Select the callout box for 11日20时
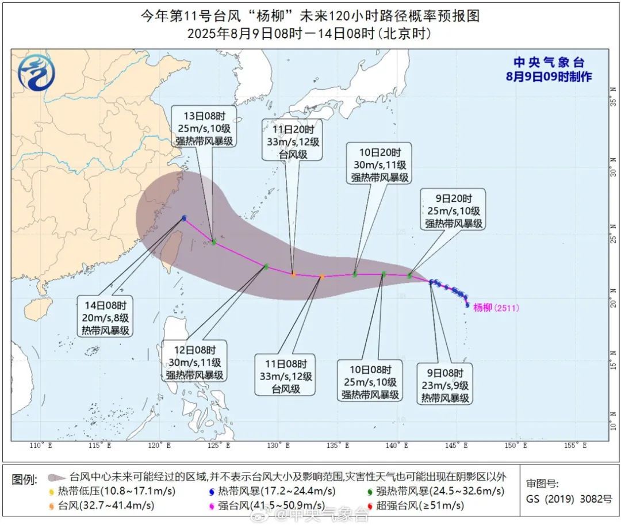click(x=292, y=139)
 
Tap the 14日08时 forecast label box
click(x=106, y=316)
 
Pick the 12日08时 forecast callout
click(x=194, y=361)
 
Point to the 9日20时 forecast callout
click(x=453, y=209)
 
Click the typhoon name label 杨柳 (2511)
click(x=496, y=308)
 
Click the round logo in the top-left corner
click(x=36, y=73)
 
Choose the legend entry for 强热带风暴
click(x=435, y=491)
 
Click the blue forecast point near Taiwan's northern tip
click(x=184, y=218)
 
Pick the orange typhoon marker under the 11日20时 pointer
click(x=293, y=274)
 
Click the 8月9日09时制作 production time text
click(x=549, y=76)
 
